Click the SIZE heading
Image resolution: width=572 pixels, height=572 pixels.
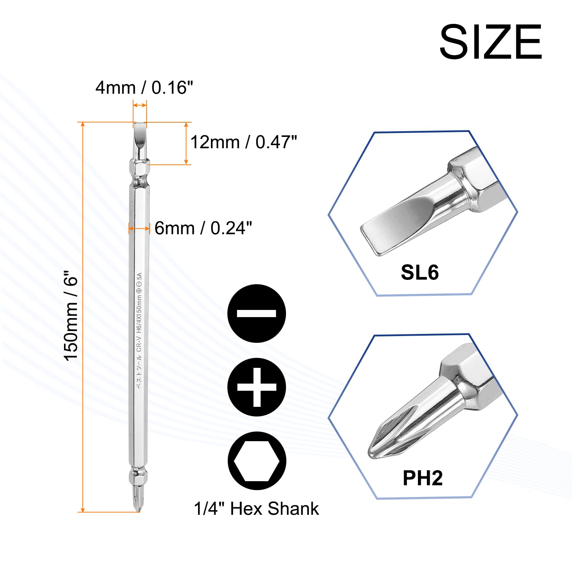coord(490,42)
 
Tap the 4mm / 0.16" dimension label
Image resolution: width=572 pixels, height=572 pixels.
coord(144,88)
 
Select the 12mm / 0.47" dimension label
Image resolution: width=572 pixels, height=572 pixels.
coord(243,142)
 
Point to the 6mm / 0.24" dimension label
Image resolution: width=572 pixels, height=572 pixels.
coord(203,228)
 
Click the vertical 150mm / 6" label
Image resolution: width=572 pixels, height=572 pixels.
coord(71,318)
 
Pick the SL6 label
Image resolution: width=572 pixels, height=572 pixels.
coord(419,272)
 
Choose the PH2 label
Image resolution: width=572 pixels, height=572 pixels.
coord(422,478)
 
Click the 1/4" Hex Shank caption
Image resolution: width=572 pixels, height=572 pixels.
coord(256,509)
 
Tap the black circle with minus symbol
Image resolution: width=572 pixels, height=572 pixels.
coord(256,314)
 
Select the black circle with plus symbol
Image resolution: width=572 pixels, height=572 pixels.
coord(256,387)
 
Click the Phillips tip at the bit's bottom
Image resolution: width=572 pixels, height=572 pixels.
coord(138,499)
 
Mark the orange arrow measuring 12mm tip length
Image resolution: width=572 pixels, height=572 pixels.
coord(186,143)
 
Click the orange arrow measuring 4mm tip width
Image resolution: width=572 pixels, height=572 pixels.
coord(140,105)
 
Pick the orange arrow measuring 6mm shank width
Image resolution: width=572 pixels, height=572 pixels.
coord(139,228)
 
